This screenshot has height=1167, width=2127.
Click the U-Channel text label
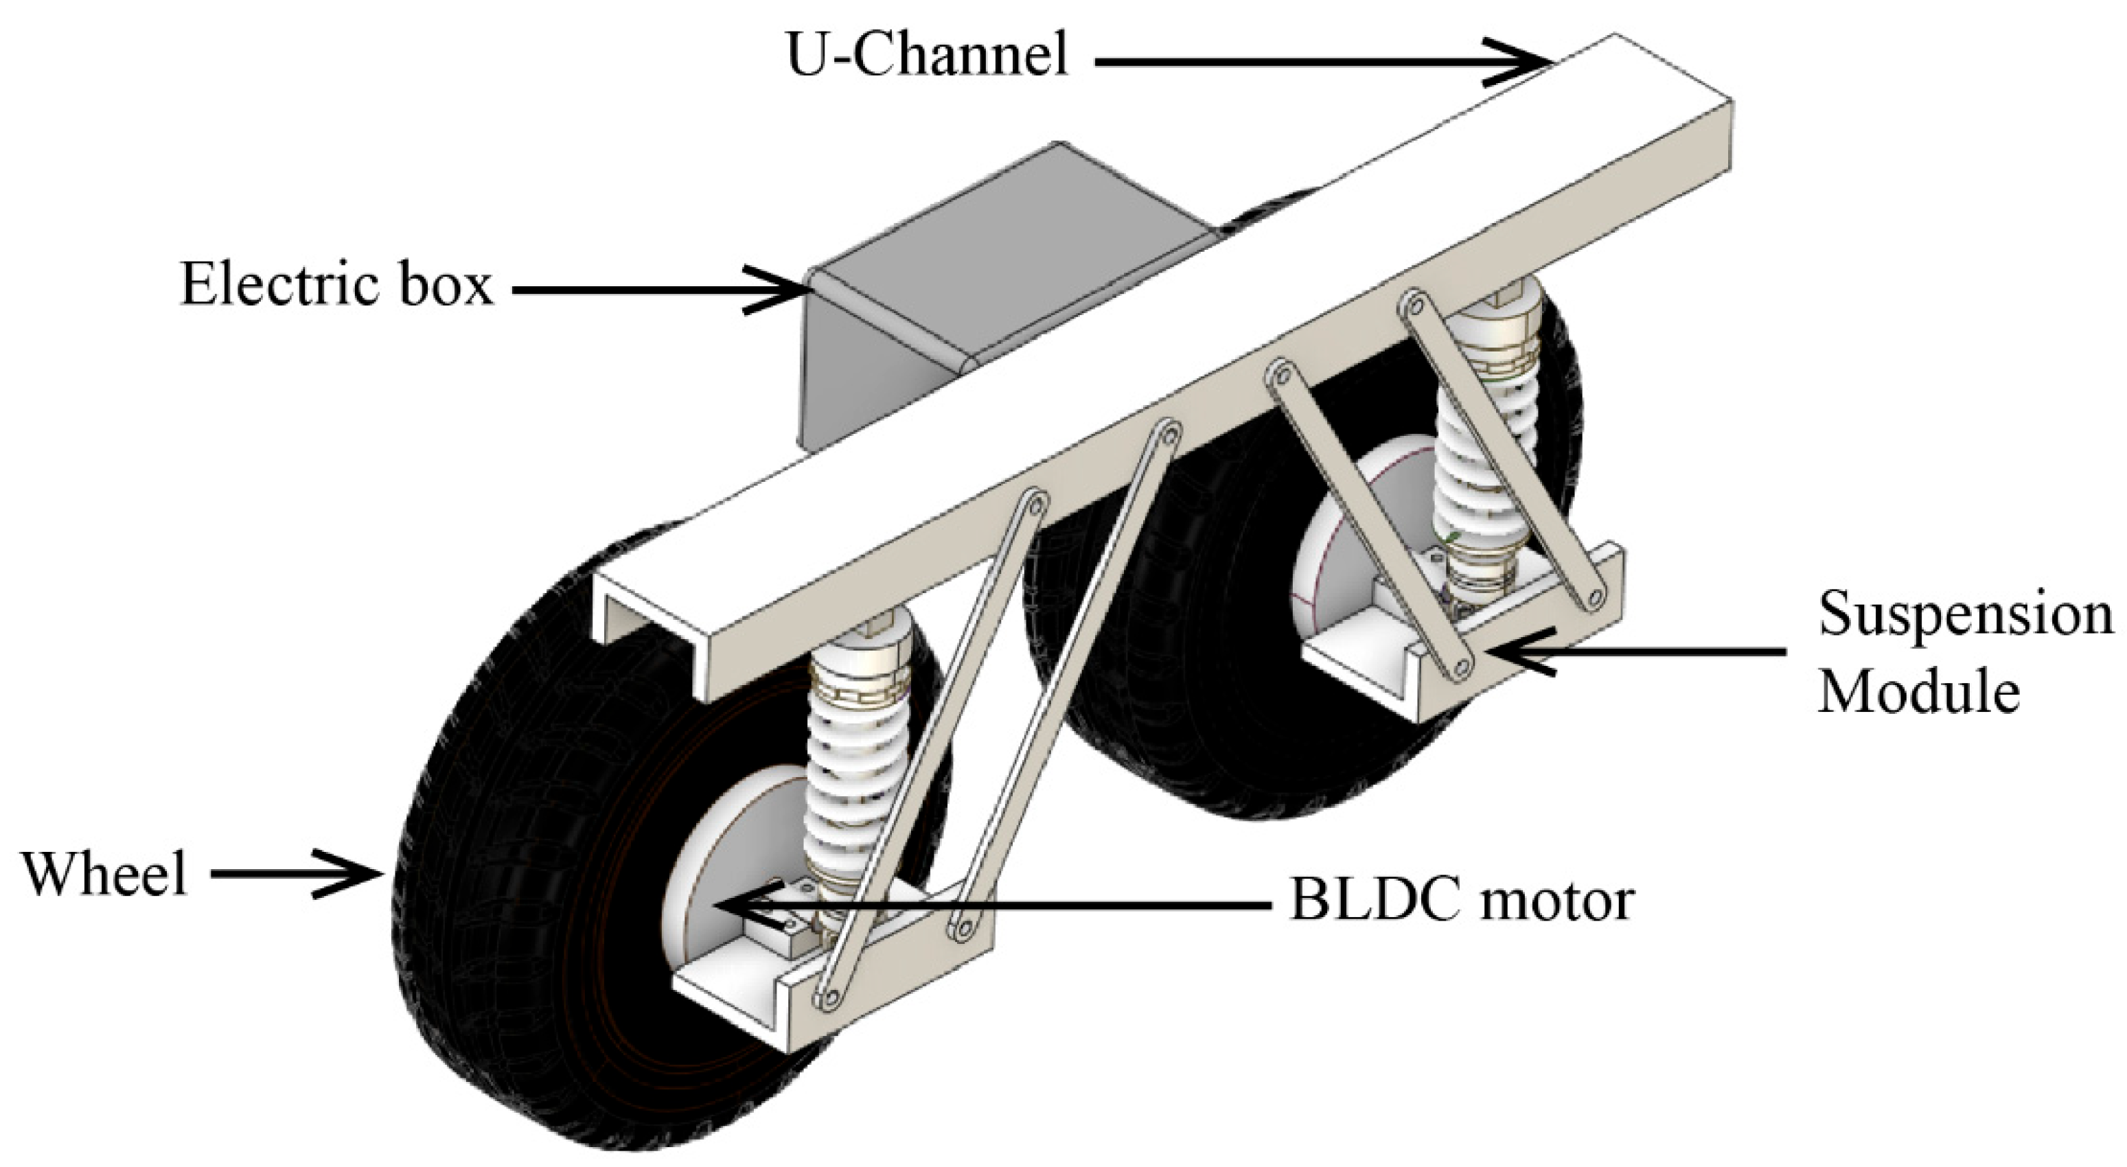click(926, 56)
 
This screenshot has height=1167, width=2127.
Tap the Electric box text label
click(336, 286)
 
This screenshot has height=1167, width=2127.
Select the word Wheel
click(105, 874)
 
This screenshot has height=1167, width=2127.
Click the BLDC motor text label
click(1462, 901)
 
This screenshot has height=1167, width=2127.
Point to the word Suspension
click(1964, 615)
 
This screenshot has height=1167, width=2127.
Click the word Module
click(1919, 691)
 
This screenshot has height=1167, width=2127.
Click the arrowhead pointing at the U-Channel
click(1528, 62)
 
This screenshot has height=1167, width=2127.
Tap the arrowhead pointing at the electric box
click(789, 289)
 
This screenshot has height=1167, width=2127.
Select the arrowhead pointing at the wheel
click(363, 873)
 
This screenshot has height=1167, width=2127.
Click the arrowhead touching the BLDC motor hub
click(735, 906)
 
